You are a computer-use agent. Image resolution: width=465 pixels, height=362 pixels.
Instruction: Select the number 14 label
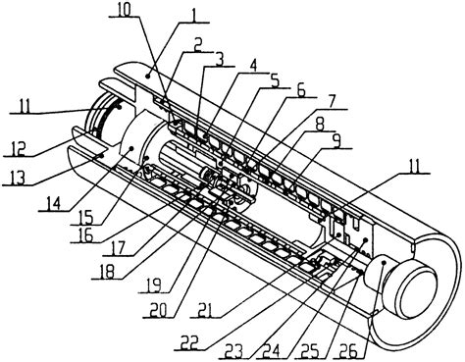46,206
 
